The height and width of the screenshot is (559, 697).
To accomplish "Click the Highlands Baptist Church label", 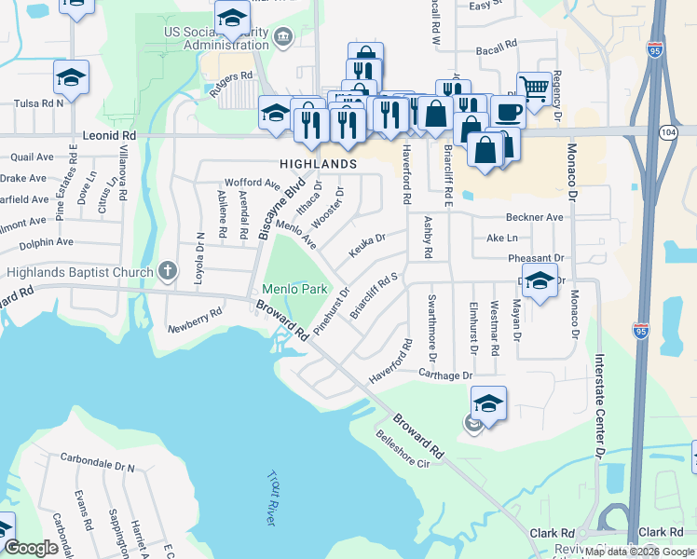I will (x=79, y=272).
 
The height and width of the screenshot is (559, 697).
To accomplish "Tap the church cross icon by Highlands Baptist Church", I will (x=168, y=271).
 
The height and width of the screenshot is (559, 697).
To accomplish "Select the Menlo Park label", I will (x=294, y=289).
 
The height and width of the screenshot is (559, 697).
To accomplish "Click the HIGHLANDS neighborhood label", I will (x=318, y=164).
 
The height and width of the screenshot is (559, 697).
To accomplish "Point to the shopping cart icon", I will (x=534, y=89).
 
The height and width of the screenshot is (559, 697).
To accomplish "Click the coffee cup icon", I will (x=508, y=112).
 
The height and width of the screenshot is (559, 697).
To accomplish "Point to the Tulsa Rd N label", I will (x=32, y=102).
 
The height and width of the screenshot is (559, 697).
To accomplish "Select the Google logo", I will (x=32, y=548).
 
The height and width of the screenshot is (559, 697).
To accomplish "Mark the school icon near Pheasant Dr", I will (x=540, y=279).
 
